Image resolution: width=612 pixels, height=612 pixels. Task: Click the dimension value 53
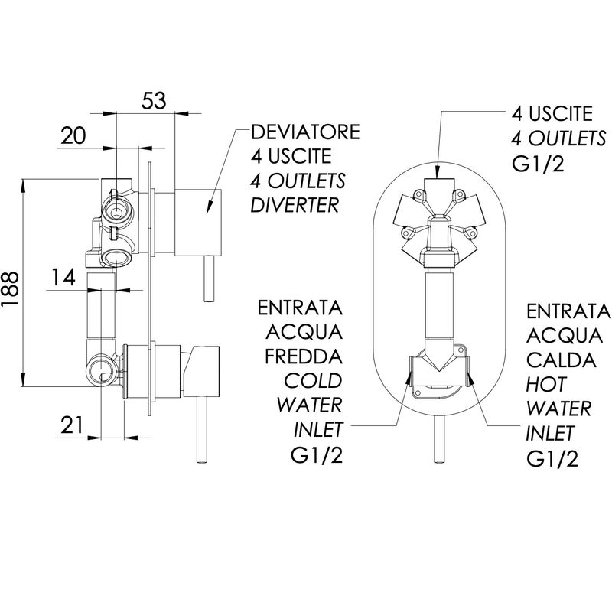[154, 101]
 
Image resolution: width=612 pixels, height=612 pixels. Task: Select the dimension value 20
[73, 136]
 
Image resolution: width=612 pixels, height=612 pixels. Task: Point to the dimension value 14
[63, 278]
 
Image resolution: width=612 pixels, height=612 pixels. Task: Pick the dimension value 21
[72, 425]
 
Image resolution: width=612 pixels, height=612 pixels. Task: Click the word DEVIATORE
[305, 132]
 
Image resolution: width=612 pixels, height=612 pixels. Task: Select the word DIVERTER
[295, 205]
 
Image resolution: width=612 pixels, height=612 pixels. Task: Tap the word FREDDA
[304, 356]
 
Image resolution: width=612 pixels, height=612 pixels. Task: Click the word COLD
[313, 380]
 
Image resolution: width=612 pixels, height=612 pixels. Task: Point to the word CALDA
[562, 360]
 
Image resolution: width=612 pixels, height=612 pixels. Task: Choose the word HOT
[545, 385]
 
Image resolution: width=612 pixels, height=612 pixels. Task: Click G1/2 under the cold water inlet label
[317, 454]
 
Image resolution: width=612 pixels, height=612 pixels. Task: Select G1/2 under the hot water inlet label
[552, 458]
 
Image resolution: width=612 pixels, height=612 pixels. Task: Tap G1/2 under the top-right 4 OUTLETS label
[538, 164]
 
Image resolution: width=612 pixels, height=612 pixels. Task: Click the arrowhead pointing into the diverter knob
[209, 207]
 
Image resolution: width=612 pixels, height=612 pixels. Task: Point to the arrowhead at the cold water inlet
[409, 377]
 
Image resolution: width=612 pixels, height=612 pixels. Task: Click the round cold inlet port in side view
[101, 369]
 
